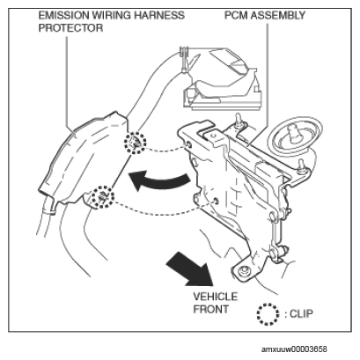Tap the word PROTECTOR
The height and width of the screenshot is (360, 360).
click(x=70, y=28)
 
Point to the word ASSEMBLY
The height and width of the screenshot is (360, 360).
click(x=278, y=15)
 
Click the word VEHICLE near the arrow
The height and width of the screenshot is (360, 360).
click(x=216, y=297)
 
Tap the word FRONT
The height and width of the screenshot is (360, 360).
click(x=210, y=309)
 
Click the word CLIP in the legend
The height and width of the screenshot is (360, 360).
click(x=301, y=313)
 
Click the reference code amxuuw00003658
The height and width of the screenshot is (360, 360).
click(x=294, y=349)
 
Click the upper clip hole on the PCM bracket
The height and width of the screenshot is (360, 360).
click(x=188, y=144)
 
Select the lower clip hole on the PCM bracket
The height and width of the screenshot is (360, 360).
click(x=216, y=201)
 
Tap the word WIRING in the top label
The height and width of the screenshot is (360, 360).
click(x=112, y=15)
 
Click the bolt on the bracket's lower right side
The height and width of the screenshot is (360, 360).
click(x=283, y=250)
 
